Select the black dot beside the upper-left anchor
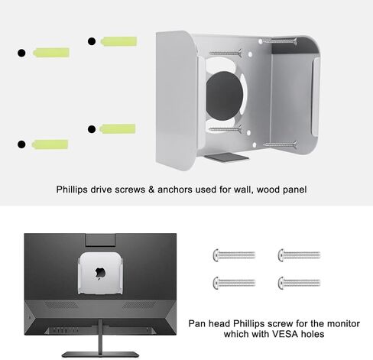pos(21,54)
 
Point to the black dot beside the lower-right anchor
pos(92,129)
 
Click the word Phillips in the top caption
pos(73,189)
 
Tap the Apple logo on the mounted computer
pos(99,273)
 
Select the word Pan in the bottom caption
pos(199,322)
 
